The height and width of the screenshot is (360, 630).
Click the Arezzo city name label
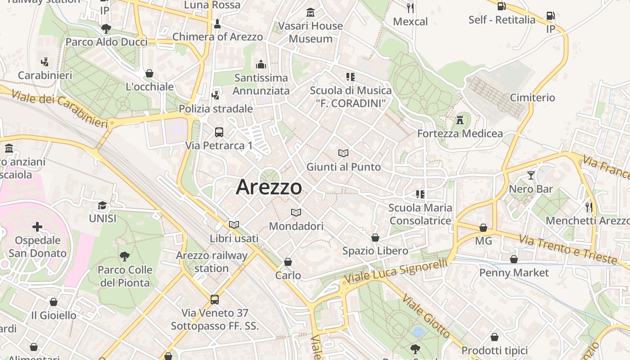(x=269, y=187)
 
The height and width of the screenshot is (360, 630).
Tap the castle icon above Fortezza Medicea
(x=459, y=120)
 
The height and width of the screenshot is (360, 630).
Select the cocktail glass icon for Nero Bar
(x=531, y=175)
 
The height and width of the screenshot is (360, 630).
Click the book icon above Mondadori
(x=296, y=212)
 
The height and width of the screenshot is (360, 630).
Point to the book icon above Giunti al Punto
(x=343, y=153)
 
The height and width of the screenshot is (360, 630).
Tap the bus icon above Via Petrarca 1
(x=219, y=132)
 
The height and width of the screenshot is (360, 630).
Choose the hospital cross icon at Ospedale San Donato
(x=37, y=227)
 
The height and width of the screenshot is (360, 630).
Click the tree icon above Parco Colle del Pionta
(x=125, y=256)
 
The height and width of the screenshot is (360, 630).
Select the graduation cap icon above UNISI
(x=103, y=206)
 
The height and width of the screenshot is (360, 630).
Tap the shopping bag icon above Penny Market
(x=513, y=259)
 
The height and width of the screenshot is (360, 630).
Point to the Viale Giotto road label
(x=426, y=316)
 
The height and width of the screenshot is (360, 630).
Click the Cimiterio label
(x=532, y=98)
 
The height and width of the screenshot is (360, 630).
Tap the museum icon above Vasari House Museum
(x=310, y=13)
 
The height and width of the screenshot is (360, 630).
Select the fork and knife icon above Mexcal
(x=410, y=8)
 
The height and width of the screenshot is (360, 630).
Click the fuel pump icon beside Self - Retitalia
(x=501, y=6)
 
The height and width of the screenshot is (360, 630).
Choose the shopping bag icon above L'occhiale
(x=149, y=73)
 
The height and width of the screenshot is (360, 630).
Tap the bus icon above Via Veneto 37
(x=215, y=299)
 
